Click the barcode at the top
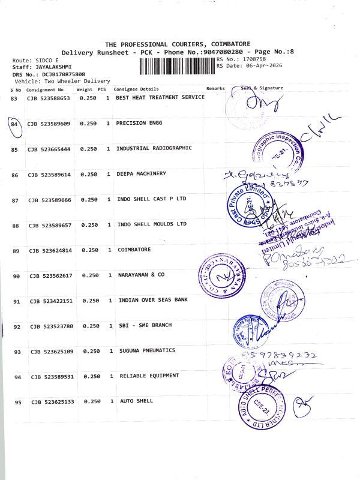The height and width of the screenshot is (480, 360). [177, 66]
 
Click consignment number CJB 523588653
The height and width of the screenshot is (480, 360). [48, 98]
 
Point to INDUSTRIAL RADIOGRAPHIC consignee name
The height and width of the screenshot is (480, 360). [154, 148]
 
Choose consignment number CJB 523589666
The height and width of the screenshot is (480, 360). [49, 200]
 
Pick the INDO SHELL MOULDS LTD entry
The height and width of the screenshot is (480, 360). [152, 224]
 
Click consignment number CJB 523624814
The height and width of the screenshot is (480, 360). [50, 250]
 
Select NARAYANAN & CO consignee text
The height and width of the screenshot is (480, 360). [140, 275]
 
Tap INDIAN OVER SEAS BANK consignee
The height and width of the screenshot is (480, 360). [154, 300]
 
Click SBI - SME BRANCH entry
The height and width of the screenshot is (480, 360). [145, 325]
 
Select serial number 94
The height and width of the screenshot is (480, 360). [17, 377]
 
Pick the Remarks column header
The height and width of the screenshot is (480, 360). [215, 88]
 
